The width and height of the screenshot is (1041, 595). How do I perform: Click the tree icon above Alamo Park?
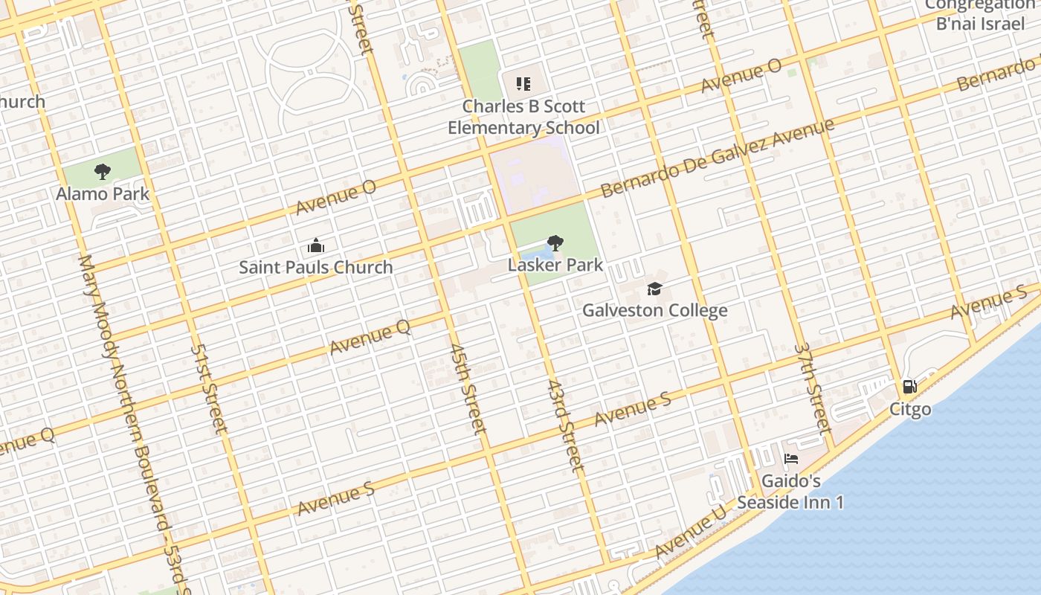(x=103, y=172)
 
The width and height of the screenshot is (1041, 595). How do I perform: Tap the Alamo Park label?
(x=103, y=194)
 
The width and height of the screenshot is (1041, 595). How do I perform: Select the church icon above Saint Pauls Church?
(x=316, y=245)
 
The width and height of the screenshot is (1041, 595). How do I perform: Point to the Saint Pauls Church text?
(x=316, y=267)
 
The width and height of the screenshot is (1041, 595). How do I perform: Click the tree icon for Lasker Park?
(x=555, y=242)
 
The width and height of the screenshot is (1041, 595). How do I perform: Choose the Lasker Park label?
(x=555, y=265)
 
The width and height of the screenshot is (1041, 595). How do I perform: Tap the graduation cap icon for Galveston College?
(x=654, y=289)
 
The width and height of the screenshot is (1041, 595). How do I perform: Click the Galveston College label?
(x=654, y=310)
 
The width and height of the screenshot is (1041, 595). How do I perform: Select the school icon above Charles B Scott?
(x=523, y=84)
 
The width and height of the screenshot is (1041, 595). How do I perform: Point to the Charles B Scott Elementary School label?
(x=523, y=117)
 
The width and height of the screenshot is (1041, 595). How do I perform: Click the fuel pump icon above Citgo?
(x=909, y=387)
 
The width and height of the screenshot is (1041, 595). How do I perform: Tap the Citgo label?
(x=910, y=409)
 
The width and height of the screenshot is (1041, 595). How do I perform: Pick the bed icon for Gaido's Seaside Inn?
(x=791, y=459)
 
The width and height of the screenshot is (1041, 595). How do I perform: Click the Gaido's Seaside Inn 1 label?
(x=790, y=492)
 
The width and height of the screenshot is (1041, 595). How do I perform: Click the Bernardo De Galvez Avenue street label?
(x=717, y=158)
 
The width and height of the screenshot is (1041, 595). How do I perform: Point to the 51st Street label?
(x=209, y=387)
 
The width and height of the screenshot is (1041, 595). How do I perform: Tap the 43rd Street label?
(x=566, y=425)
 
